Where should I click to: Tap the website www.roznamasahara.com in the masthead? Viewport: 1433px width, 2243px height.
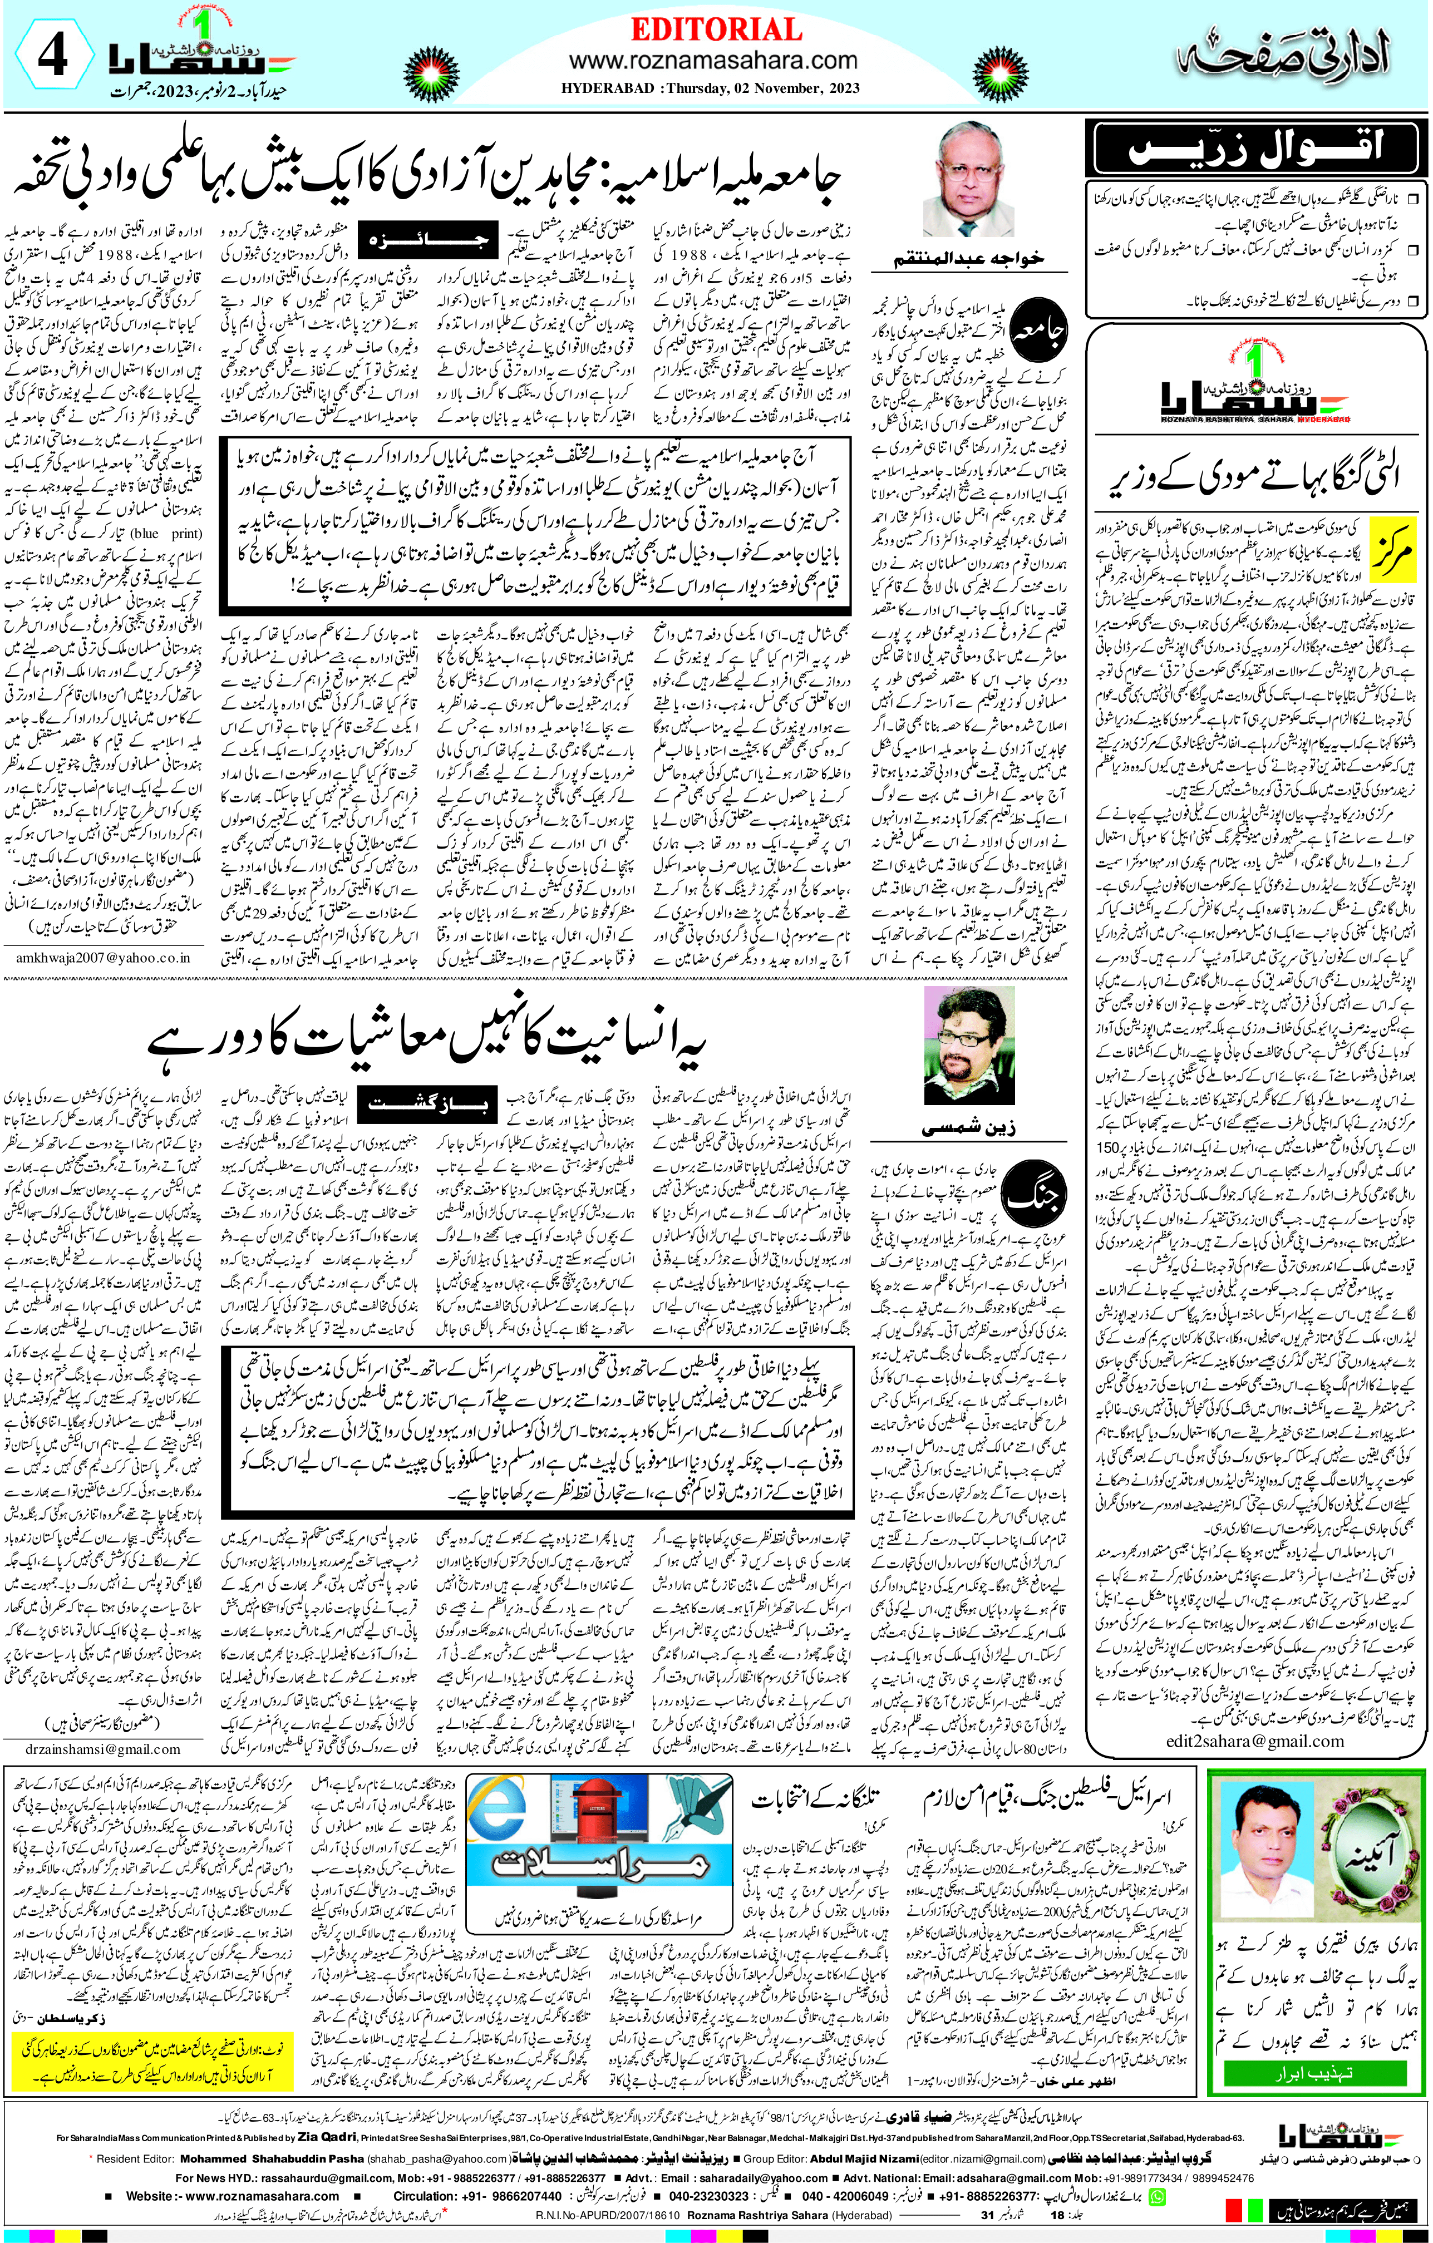point(713,61)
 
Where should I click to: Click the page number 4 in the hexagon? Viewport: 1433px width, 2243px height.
point(52,58)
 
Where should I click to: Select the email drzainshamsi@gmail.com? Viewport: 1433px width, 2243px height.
point(104,1748)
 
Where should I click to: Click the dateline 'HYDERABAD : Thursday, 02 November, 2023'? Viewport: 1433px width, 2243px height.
point(710,88)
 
